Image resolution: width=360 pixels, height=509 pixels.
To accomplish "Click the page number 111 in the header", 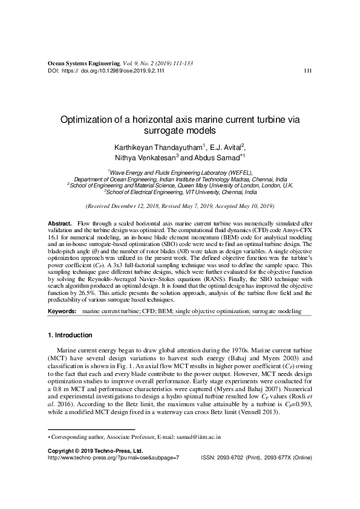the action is pos(307,71).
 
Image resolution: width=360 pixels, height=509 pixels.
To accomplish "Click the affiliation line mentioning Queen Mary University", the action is pos(180,185).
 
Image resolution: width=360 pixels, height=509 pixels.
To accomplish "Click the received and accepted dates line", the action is pos(180,206).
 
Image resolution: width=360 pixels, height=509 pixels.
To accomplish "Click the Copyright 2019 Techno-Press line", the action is pos(95,450).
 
